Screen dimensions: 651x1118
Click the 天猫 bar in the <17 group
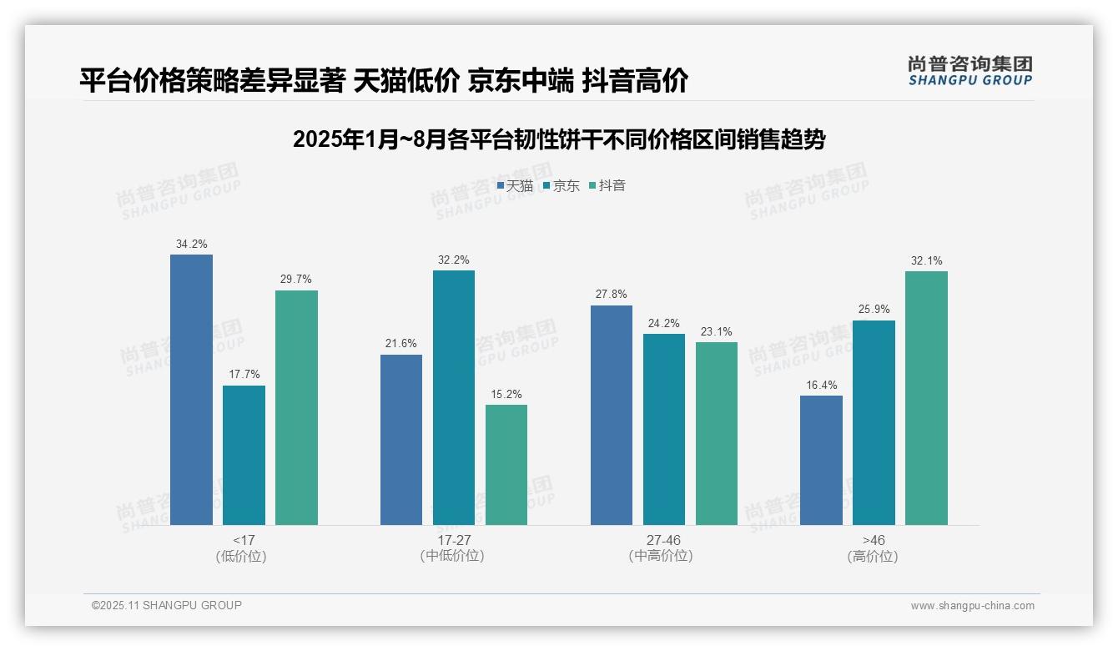point(191,389)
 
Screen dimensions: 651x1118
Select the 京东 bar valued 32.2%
point(453,397)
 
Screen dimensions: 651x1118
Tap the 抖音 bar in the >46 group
point(926,397)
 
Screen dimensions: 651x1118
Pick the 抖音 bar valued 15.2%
point(506,465)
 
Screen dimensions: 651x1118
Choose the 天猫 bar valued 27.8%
point(612,415)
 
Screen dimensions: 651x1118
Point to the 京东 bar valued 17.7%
point(244,455)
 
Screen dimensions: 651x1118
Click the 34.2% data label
point(191,245)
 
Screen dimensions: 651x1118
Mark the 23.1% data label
point(717,332)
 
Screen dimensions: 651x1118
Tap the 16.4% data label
point(821,386)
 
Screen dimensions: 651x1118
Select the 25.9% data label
point(874,310)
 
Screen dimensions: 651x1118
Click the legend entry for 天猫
point(515,186)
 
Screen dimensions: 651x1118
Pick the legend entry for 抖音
point(607,186)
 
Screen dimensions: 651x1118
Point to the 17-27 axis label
point(453,540)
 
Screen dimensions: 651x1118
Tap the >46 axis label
point(874,540)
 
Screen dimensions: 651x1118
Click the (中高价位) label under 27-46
point(663,556)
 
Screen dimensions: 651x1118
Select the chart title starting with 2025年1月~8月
point(558,139)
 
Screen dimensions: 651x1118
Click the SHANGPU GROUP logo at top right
point(969,71)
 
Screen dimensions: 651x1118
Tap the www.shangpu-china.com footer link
point(972,606)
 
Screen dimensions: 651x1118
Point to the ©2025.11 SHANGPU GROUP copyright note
point(167,605)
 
